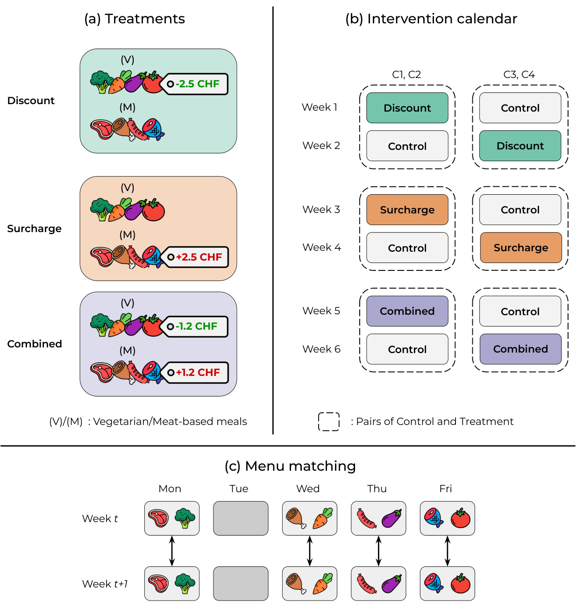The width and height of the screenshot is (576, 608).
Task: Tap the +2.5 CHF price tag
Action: point(196,257)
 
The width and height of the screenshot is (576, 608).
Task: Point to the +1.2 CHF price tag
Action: point(196,372)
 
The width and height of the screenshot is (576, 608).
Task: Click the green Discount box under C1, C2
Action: point(407,108)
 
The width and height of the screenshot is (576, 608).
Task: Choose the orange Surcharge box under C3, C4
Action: point(520,247)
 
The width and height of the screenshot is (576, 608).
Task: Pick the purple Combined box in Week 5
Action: point(407,311)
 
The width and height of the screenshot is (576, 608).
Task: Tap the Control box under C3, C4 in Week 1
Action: point(520,108)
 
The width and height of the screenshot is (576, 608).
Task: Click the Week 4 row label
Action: point(321,247)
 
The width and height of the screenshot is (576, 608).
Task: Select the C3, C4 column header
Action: point(519,75)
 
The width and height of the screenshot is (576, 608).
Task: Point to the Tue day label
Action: point(239,489)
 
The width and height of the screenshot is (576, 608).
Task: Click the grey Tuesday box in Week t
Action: point(241,518)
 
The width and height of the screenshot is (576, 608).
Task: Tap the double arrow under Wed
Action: point(309,551)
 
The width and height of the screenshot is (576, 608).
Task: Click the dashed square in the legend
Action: point(329,422)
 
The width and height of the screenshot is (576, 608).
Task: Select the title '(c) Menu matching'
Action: point(290,466)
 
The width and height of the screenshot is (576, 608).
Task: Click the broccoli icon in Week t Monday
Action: point(185,518)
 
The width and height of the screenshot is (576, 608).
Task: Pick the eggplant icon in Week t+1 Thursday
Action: point(391,584)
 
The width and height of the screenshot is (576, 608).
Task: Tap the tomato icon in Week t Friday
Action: point(461,518)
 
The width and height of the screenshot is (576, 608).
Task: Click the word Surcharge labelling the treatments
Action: point(34,229)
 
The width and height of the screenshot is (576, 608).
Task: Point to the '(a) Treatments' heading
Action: point(135,19)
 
